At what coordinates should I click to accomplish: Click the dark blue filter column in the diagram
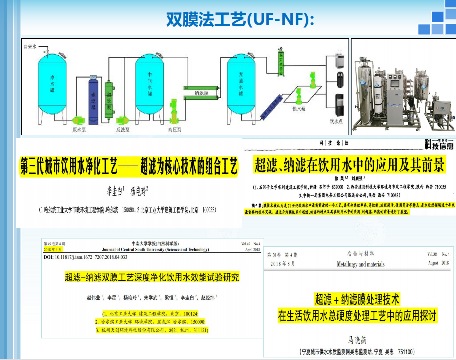93,101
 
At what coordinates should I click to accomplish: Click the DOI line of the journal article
86,257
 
